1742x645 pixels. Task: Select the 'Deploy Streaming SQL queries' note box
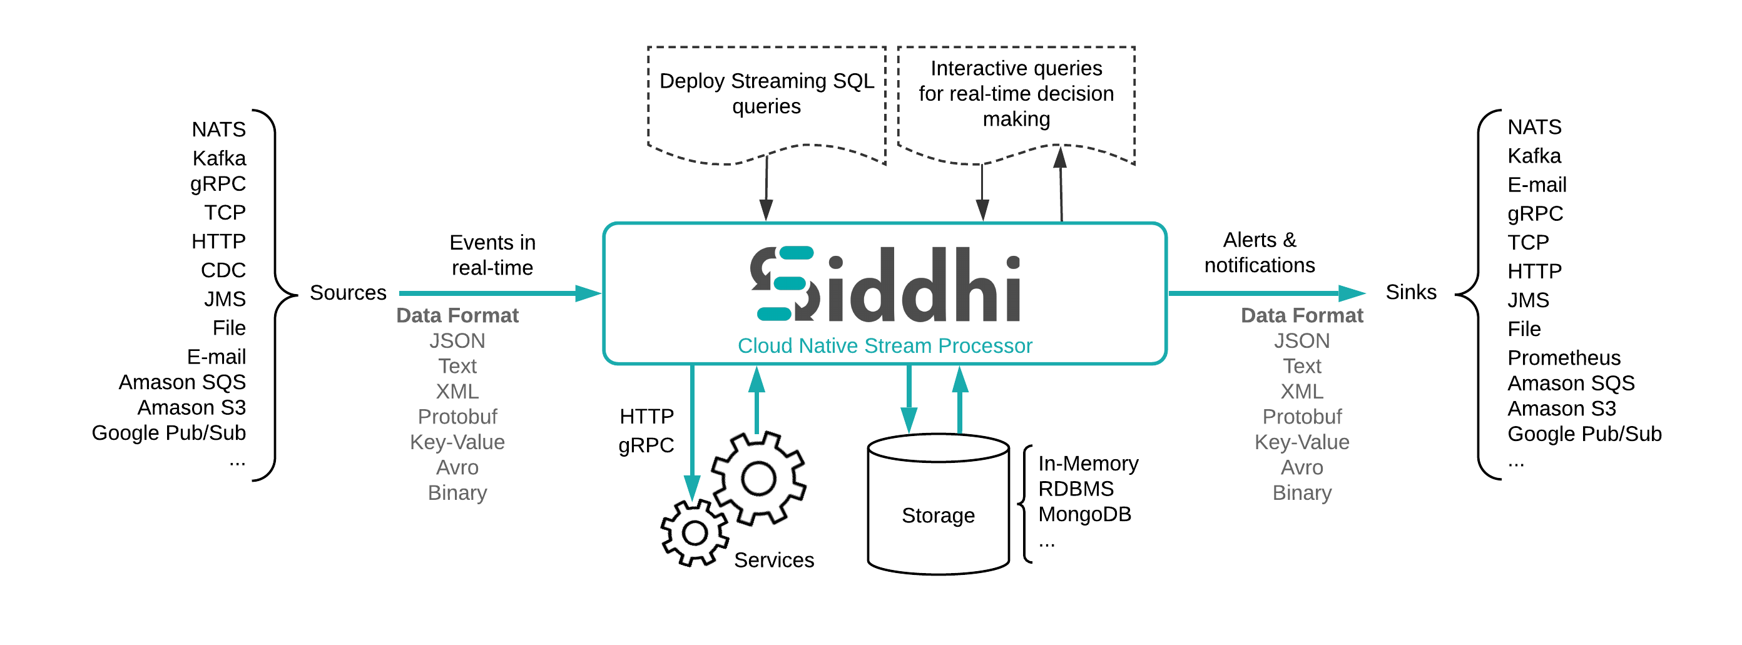766,101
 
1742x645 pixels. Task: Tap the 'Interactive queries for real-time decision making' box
1016,98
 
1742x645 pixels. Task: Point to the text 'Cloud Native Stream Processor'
885,345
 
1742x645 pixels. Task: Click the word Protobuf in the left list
457,417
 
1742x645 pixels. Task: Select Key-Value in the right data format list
1301,442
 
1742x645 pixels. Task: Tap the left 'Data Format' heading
457,316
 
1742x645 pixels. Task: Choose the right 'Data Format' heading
1301,316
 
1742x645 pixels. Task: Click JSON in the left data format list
457,341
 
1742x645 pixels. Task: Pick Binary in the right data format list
1301,493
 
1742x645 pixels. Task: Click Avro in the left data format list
457,468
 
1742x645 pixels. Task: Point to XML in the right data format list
1301,392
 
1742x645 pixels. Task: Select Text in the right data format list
1301,367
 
